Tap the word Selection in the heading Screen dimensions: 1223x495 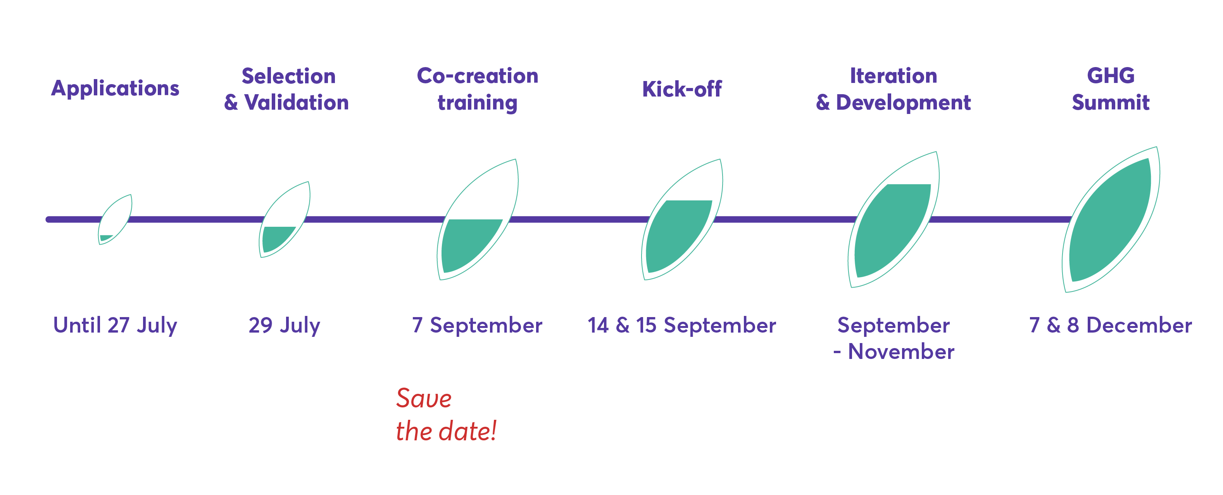(289, 76)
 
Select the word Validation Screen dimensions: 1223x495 (296, 102)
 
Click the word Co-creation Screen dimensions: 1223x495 (477, 76)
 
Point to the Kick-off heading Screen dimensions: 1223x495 (682, 89)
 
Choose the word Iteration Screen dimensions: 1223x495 (893, 76)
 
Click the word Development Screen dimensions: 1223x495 (903, 102)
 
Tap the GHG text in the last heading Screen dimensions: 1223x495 (1111, 76)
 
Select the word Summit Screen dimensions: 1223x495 (1111, 102)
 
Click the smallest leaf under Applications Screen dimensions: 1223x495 (115, 219)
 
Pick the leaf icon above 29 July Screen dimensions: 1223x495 (285, 219)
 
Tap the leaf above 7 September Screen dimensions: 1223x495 (477, 219)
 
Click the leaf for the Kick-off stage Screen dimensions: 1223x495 (682, 219)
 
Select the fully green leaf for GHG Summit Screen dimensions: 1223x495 (1111, 219)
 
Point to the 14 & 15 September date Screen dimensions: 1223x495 (682, 326)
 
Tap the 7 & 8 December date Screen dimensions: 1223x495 (1111, 326)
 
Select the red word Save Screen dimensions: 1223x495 (423, 398)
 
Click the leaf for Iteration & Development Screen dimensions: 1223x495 (893, 219)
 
